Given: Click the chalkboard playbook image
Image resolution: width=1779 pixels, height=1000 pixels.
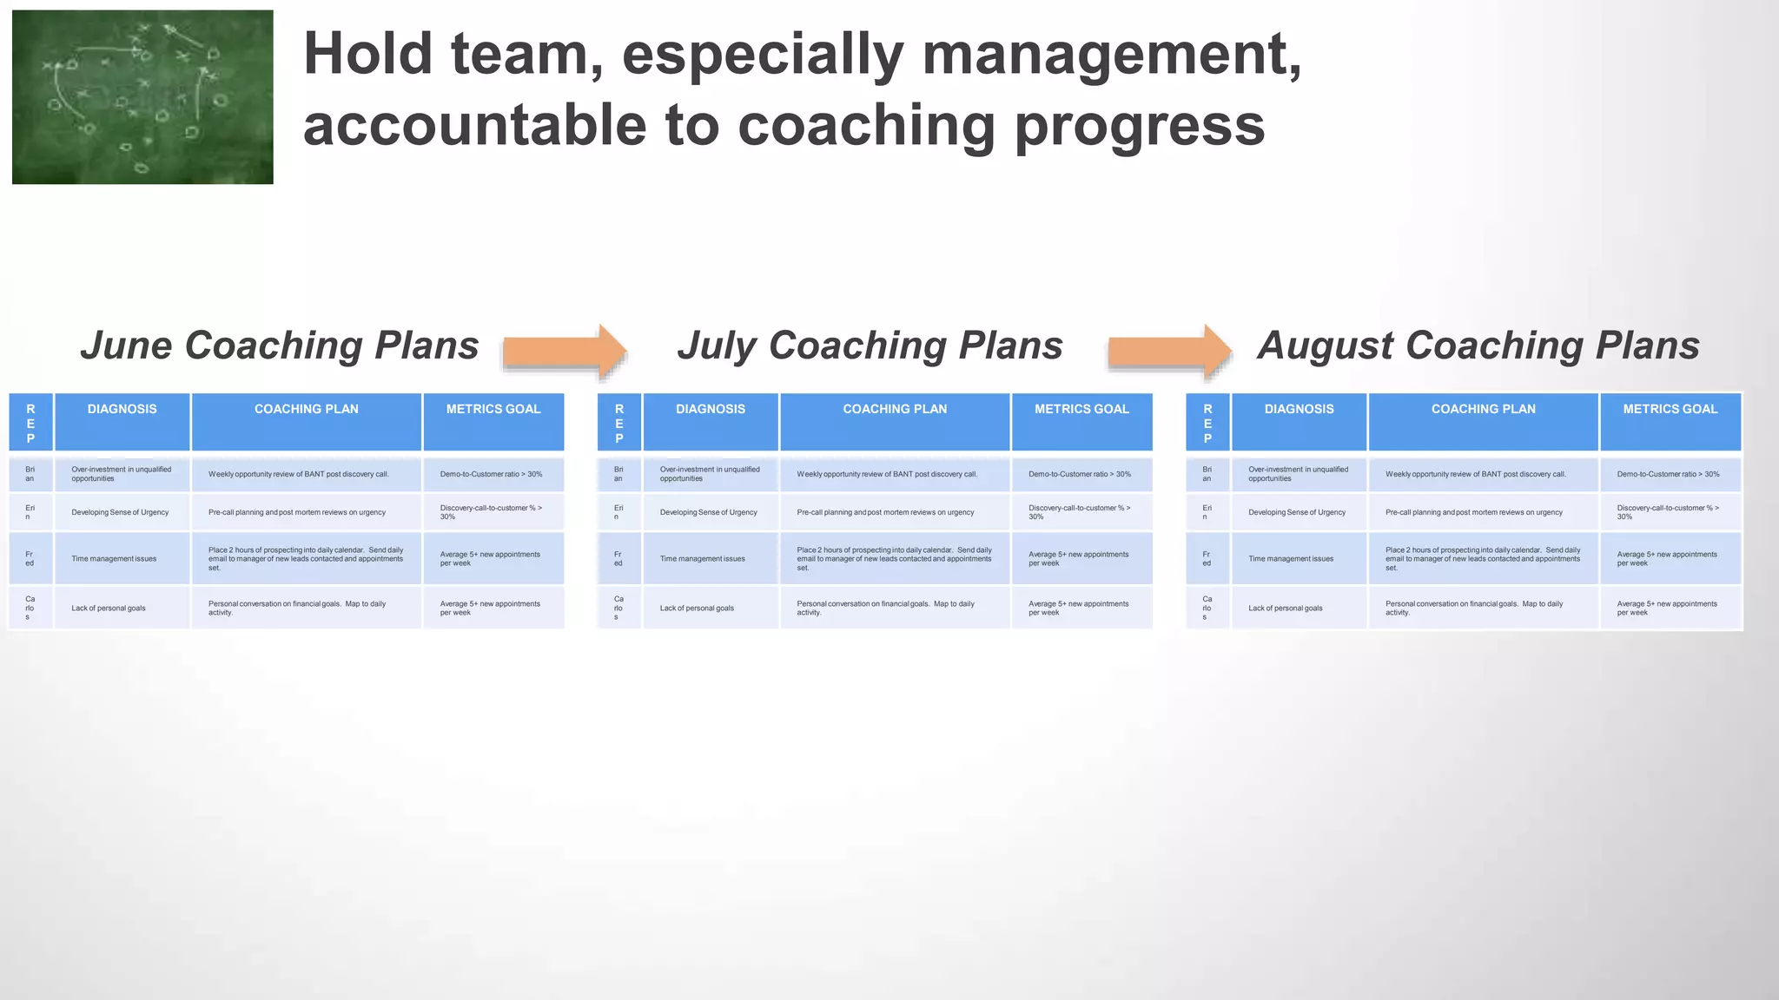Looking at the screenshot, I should tap(142, 97).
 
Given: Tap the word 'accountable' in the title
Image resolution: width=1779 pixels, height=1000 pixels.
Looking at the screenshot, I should tap(474, 125).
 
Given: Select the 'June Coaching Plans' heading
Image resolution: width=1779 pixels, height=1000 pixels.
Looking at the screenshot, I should tap(280, 345).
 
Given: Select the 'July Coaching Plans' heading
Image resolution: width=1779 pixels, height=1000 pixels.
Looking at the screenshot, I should tap(870, 345).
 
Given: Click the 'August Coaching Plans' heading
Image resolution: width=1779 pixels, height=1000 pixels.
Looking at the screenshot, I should tap(1478, 345).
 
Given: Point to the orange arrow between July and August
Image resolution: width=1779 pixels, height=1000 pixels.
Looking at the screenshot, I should tap(1169, 352).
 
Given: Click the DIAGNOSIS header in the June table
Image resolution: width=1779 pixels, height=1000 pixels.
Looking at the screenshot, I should tap(122, 410).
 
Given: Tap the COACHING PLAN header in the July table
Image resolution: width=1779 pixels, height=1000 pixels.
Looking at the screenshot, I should tap(895, 410).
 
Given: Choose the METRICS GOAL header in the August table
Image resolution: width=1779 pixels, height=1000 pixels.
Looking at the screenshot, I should tap(1670, 410).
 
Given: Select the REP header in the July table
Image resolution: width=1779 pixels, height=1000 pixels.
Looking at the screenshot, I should tap(619, 423).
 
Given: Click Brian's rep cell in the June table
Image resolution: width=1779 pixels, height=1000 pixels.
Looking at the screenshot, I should tap(30, 474).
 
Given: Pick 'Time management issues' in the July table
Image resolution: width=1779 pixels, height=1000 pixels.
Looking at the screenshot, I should tap(702, 559).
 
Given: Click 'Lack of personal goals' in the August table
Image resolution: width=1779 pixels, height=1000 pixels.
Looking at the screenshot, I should tap(1285, 609).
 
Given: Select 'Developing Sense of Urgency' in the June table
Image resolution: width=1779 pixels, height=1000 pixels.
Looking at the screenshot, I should tap(120, 512).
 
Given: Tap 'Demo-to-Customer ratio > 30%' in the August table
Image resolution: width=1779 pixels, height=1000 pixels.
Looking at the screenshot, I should tap(1668, 475).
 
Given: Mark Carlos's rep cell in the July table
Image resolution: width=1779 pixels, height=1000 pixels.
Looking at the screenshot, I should tap(618, 608).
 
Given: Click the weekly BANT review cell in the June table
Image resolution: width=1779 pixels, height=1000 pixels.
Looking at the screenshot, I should tap(299, 475).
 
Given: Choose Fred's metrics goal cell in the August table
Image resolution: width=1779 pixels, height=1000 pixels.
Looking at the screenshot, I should tap(1667, 559).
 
